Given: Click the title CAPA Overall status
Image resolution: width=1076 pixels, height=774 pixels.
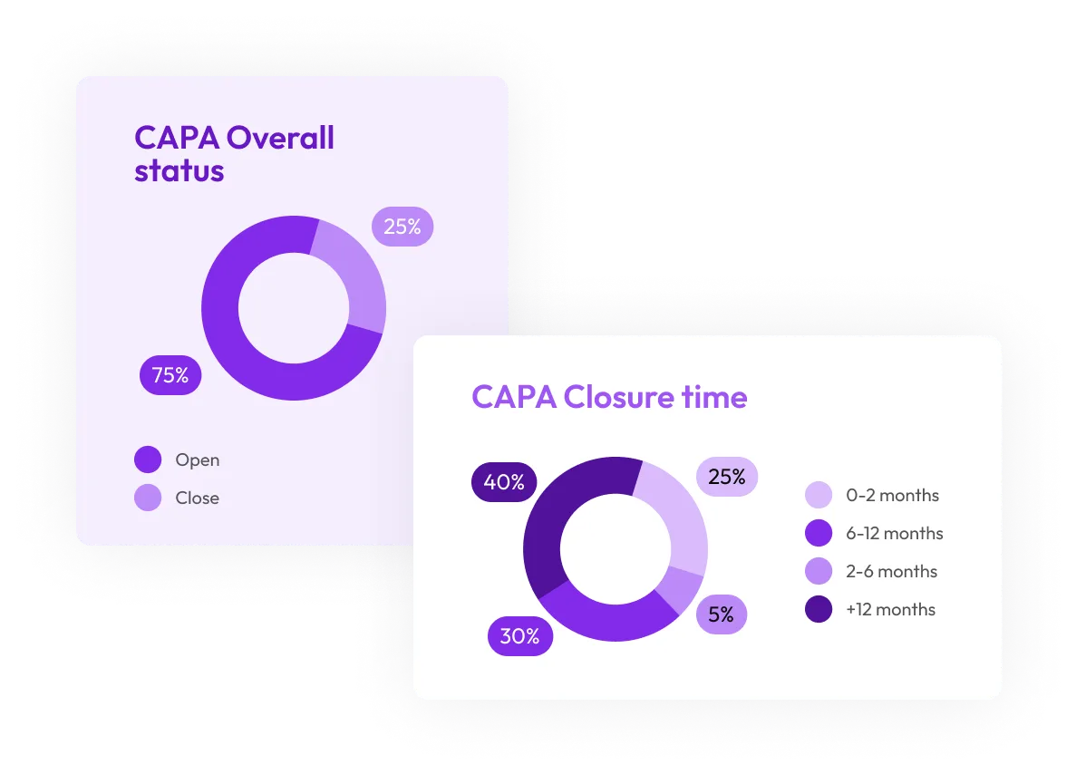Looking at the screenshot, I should pyautogui.click(x=234, y=154).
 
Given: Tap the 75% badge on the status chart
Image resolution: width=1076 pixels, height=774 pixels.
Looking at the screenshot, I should pyautogui.click(x=170, y=375).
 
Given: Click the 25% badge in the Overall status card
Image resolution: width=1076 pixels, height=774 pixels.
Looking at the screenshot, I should pyautogui.click(x=402, y=227).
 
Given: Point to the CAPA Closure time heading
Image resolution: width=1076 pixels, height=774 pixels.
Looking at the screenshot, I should pyautogui.click(x=609, y=397).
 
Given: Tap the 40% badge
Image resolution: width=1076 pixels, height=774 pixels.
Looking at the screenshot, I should pyautogui.click(x=504, y=482).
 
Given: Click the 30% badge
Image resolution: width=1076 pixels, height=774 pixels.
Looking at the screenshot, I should pyautogui.click(x=519, y=636).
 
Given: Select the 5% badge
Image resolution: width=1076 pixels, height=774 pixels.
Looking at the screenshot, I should pyautogui.click(x=721, y=614).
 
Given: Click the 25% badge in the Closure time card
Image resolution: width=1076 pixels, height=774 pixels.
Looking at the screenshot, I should pyautogui.click(x=726, y=476).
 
